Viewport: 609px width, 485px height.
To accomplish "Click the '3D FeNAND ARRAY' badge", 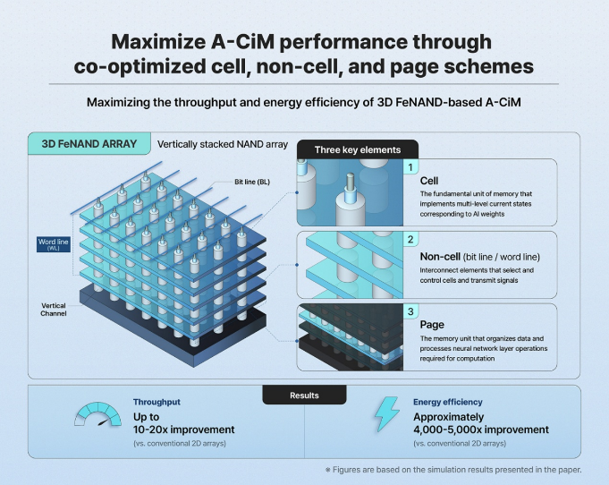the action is click(89, 144).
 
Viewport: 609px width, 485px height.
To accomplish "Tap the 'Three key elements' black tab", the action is click(358, 149).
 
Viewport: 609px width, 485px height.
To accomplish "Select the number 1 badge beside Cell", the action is click(410, 167).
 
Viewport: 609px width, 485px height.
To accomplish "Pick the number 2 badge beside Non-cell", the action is click(410, 239).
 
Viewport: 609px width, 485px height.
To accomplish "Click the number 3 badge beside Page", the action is click(410, 311).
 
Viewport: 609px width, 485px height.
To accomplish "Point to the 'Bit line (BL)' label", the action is click(252, 182).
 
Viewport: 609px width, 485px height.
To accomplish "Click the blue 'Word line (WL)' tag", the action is click(54, 244).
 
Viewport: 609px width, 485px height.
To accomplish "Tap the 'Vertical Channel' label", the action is click(54, 310).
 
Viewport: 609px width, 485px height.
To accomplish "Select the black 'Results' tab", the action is click(304, 396).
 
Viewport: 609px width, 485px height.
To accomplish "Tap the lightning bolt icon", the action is click(387, 414).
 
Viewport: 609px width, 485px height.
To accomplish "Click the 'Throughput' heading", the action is click(156, 402).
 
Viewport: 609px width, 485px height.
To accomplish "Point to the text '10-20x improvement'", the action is click(183, 430).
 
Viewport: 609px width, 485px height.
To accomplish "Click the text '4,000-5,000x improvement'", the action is click(481, 430).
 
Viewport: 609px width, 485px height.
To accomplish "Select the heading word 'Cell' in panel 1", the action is click(429, 181).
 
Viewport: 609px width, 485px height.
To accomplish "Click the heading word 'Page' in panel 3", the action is click(432, 325).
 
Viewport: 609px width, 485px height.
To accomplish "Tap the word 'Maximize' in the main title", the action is click(160, 41).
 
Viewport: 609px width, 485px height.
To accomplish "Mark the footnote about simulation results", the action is click(453, 470).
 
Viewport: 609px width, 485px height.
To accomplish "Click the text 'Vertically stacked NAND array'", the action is click(223, 145).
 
